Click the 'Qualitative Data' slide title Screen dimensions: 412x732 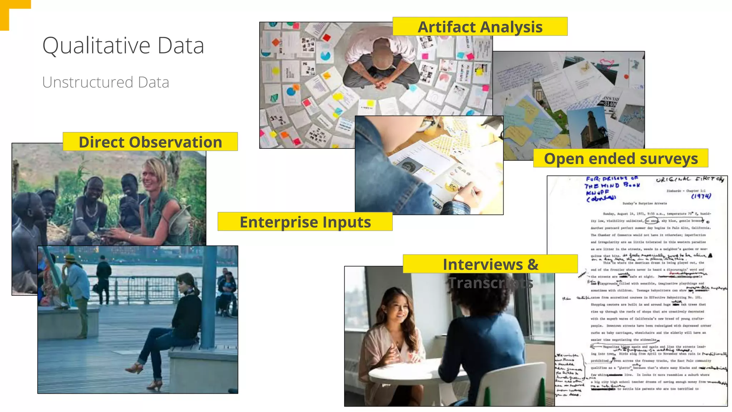coord(123,45)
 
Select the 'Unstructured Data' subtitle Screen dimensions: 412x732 coord(105,82)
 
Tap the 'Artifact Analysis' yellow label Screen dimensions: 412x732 coord(480,27)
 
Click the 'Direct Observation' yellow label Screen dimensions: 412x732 coord(150,142)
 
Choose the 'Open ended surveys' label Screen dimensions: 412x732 coord(620,158)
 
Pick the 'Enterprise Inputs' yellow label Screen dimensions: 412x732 coord(305,222)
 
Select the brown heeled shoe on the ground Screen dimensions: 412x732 coord(134,368)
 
